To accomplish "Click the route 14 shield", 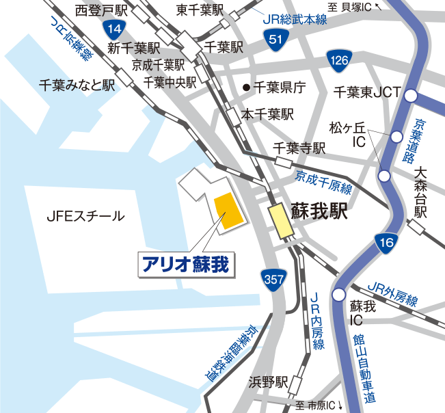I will click(116, 28).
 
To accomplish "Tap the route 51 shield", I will click(274, 40).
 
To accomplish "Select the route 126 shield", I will click(338, 61).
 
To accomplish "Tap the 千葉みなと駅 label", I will click(77, 85).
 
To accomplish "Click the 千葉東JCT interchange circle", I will click(410, 96).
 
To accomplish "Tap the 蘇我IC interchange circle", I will click(338, 295).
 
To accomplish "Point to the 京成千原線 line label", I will click(323, 183).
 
